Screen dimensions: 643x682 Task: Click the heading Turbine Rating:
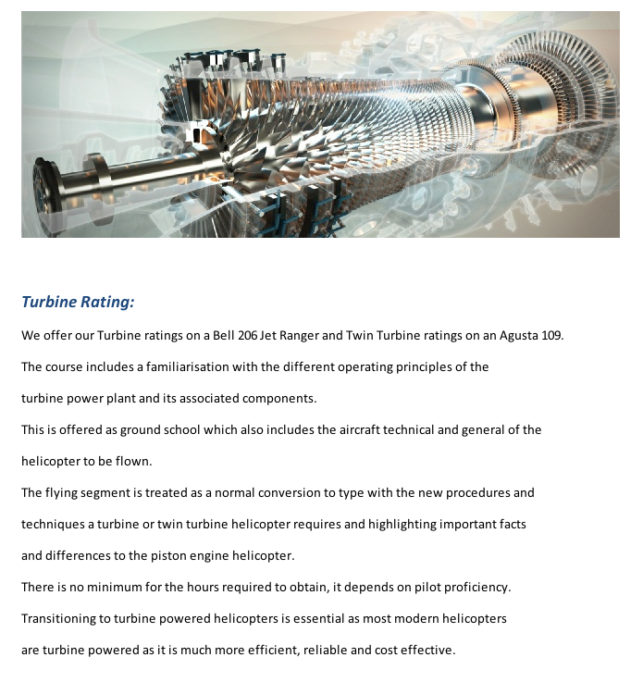pyautogui.click(x=78, y=302)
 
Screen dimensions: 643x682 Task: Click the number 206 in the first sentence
pyautogui.click(x=247, y=336)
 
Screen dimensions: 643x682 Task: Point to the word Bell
pyautogui.click(x=223, y=336)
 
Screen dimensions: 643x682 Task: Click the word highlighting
pyautogui.click(x=402, y=525)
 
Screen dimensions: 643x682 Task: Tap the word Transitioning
pyautogui.click(x=60, y=619)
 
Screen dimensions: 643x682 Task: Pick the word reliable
pyautogui.click(x=325, y=651)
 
